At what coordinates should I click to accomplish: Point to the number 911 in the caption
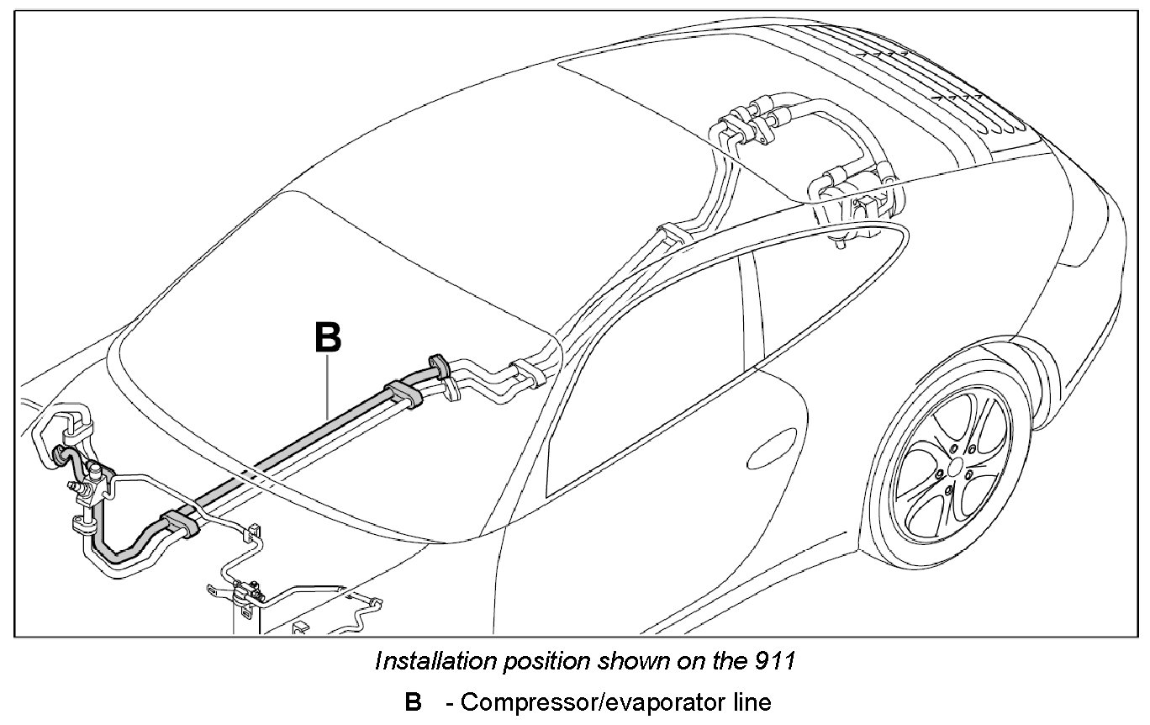[x=778, y=661]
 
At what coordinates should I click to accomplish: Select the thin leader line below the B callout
[x=328, y=386]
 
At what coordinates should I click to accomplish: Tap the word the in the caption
[x=727, y=661]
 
